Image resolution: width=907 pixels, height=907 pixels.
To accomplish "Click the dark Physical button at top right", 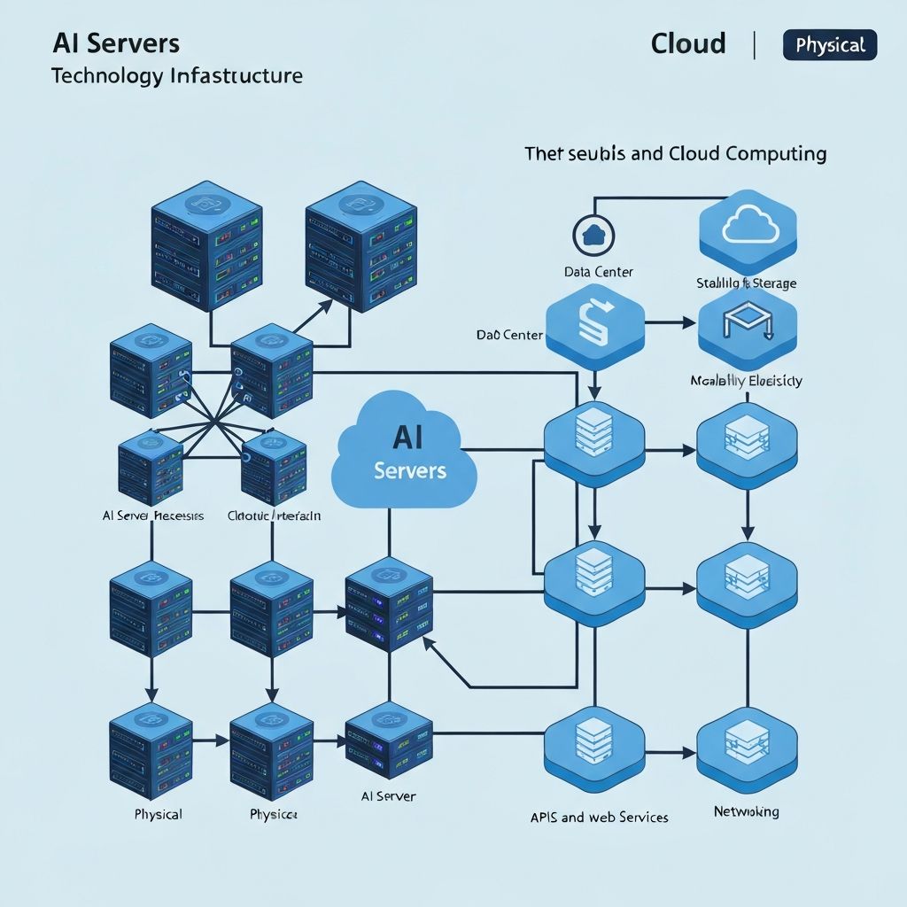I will click(830, 44).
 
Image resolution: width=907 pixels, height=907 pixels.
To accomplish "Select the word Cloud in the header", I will click(688, 43).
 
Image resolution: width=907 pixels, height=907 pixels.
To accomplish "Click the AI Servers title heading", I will click(115, 43).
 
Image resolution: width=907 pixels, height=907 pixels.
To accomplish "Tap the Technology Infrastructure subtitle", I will click(177, 75).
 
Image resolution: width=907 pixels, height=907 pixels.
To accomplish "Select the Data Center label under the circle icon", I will click(599, 272).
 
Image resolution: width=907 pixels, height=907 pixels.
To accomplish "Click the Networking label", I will click(747, 811).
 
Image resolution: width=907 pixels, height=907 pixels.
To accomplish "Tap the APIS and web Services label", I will click(599, 817).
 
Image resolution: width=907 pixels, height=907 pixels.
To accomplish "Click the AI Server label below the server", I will click(389, 796).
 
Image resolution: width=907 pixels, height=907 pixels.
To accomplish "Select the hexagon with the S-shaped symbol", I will click(594, 326).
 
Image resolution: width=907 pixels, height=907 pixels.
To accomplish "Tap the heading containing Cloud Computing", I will click(675, 153).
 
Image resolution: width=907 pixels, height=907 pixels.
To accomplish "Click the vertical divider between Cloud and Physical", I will click(755, 44).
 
